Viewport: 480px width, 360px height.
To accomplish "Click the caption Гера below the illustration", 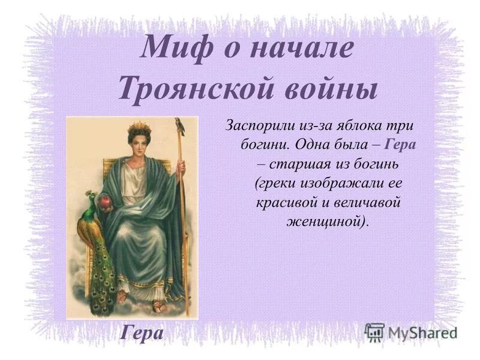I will pyautogui.click(x=142, y=331).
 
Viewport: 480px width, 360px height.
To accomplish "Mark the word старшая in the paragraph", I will pyautogui.click(x=298, y=164).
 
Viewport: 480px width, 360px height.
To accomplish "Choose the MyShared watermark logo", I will pyautogui.click(x=412, y=331).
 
